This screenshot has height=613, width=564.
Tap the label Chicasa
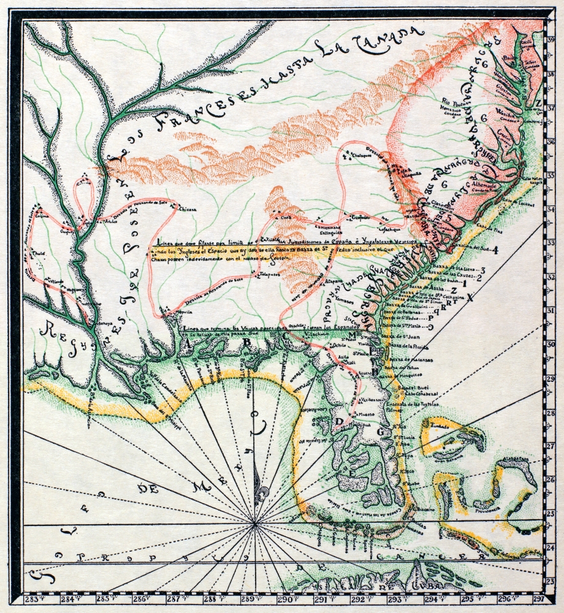click(x=186, y=209)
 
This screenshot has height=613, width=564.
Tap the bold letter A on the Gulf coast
click(x=186, y=343)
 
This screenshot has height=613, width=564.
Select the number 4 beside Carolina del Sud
click(x=495, y=249)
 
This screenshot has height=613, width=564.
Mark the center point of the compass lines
click(x=254, y=524)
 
